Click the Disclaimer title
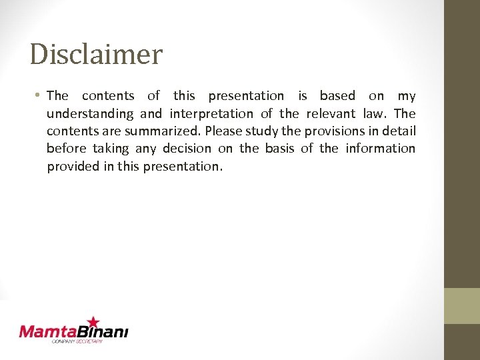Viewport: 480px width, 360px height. coord(96,54)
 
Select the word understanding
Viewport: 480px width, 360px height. coord(90,114)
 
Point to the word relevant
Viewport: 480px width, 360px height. coord(331,113)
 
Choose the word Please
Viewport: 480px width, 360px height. coord(224,131)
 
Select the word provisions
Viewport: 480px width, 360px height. coord(334,131)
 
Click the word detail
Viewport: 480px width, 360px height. coord(399,131)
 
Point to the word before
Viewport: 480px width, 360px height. coord(67,149)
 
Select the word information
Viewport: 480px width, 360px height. coord(380,149)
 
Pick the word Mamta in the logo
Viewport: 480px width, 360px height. coord(45,331)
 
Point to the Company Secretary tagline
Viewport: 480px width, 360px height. coord(77,341)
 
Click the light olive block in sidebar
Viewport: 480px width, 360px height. coord(462,306)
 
